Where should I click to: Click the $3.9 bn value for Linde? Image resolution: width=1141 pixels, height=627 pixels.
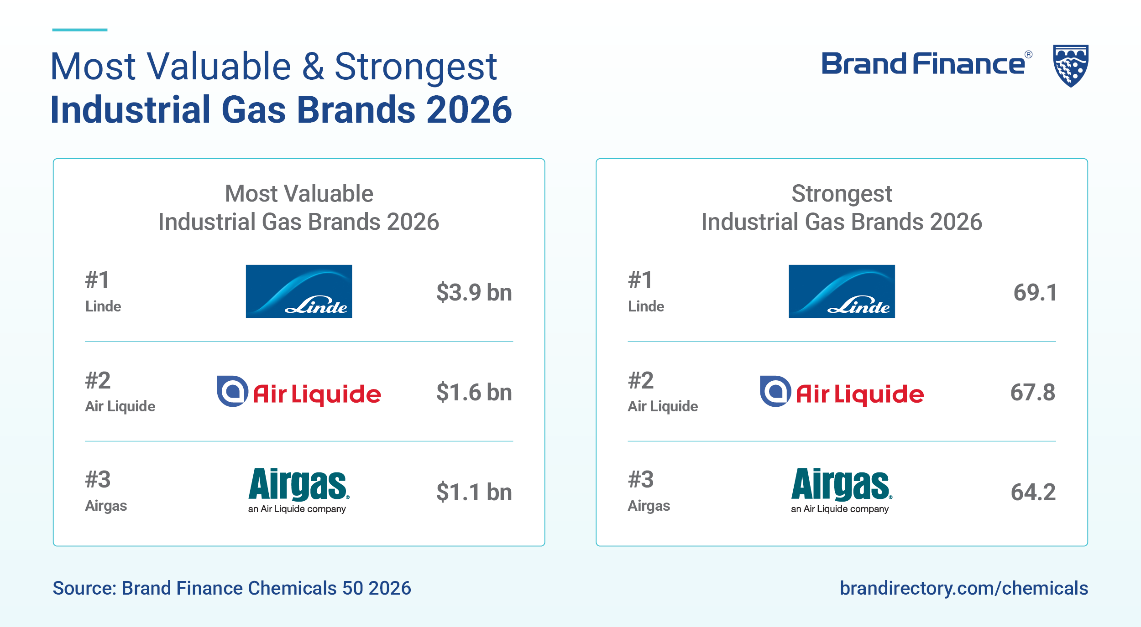(474, 292)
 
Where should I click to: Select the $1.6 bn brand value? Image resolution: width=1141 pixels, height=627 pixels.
(474, 392)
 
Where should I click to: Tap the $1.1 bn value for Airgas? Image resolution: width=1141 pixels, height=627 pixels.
(474, 492)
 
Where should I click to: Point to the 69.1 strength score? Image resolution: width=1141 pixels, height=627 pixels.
(1035, 292)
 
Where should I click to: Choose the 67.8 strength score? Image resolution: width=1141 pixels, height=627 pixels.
(1033, 392)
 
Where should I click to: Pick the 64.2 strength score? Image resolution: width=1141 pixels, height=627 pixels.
(1033, 492)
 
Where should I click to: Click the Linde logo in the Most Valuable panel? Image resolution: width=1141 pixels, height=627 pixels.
(299, 291)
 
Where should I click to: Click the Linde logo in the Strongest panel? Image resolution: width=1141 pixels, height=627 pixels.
(842, 291)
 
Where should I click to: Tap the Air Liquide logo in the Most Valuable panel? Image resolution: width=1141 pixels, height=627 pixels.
(299, 392)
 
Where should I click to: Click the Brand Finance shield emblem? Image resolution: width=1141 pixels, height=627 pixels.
(1071, 66)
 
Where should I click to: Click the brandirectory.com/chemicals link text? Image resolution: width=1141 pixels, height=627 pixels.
(964, 588)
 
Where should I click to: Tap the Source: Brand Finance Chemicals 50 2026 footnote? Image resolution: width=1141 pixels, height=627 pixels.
(232, 588)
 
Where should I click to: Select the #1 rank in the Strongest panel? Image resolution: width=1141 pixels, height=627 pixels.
(640, 280)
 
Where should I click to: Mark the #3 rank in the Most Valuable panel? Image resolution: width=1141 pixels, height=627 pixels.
(98, 479)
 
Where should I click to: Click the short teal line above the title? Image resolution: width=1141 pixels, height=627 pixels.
(80, 30)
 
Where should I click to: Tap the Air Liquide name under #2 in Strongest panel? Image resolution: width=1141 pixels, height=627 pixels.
(663, 406)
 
